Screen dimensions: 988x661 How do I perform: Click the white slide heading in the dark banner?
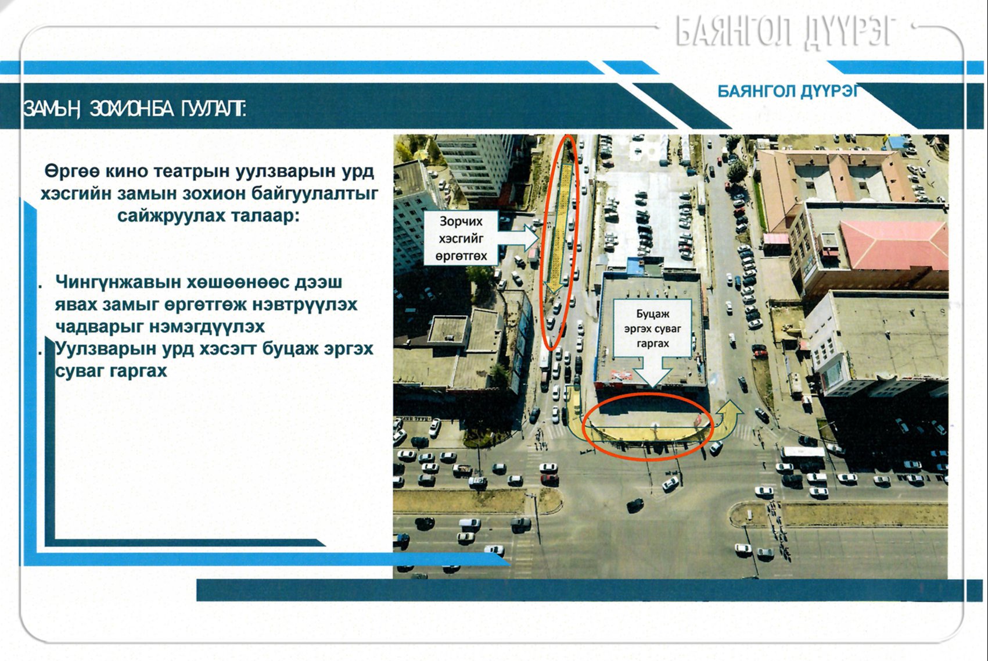(x=135, y=108)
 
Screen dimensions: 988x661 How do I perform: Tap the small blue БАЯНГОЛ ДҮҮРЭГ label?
(x=788, y=91)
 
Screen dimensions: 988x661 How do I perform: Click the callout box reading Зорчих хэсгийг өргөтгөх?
(x=461, y=238)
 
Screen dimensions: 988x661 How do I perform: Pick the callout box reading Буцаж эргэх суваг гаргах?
(x=652, y=328)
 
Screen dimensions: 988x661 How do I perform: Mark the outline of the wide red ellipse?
(x=648, y=394)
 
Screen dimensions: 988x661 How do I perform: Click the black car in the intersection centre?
(x=635, y=505)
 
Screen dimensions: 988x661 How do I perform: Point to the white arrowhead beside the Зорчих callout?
(x=531, y=238)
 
